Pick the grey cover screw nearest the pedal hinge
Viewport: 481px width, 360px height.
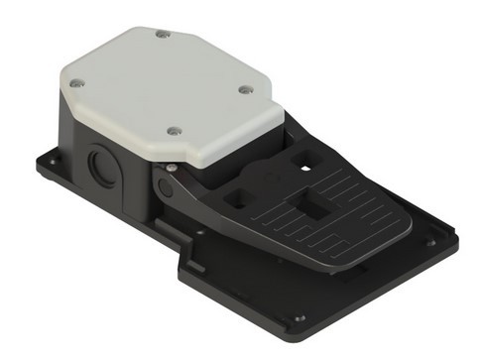click(x=173, y=130)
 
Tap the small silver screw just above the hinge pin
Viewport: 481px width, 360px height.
click(x=171, y=168)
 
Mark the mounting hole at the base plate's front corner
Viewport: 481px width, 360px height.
click(x=300, y=319)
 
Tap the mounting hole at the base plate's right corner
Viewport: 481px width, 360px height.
click(x=430, y=241)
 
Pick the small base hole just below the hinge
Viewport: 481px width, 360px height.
click(x=198, y=233)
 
